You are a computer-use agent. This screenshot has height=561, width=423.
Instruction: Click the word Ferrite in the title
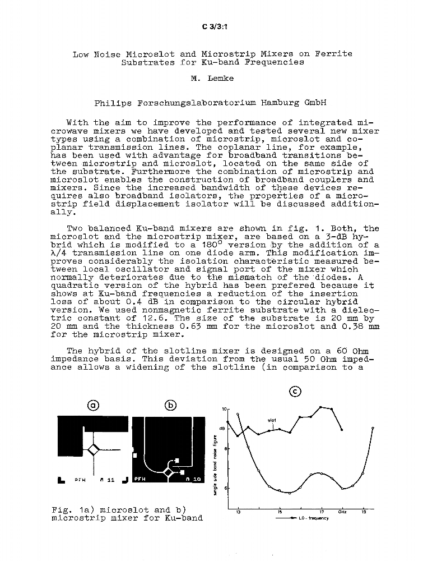coord(333,54)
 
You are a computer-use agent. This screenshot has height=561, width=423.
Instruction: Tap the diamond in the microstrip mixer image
coord(168,473)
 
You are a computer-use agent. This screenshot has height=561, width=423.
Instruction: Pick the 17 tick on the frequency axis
coord(322,513)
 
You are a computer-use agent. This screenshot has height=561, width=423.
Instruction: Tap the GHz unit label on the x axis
coord(342,513)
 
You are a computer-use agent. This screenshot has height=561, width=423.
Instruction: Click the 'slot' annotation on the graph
coord(272,420)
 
